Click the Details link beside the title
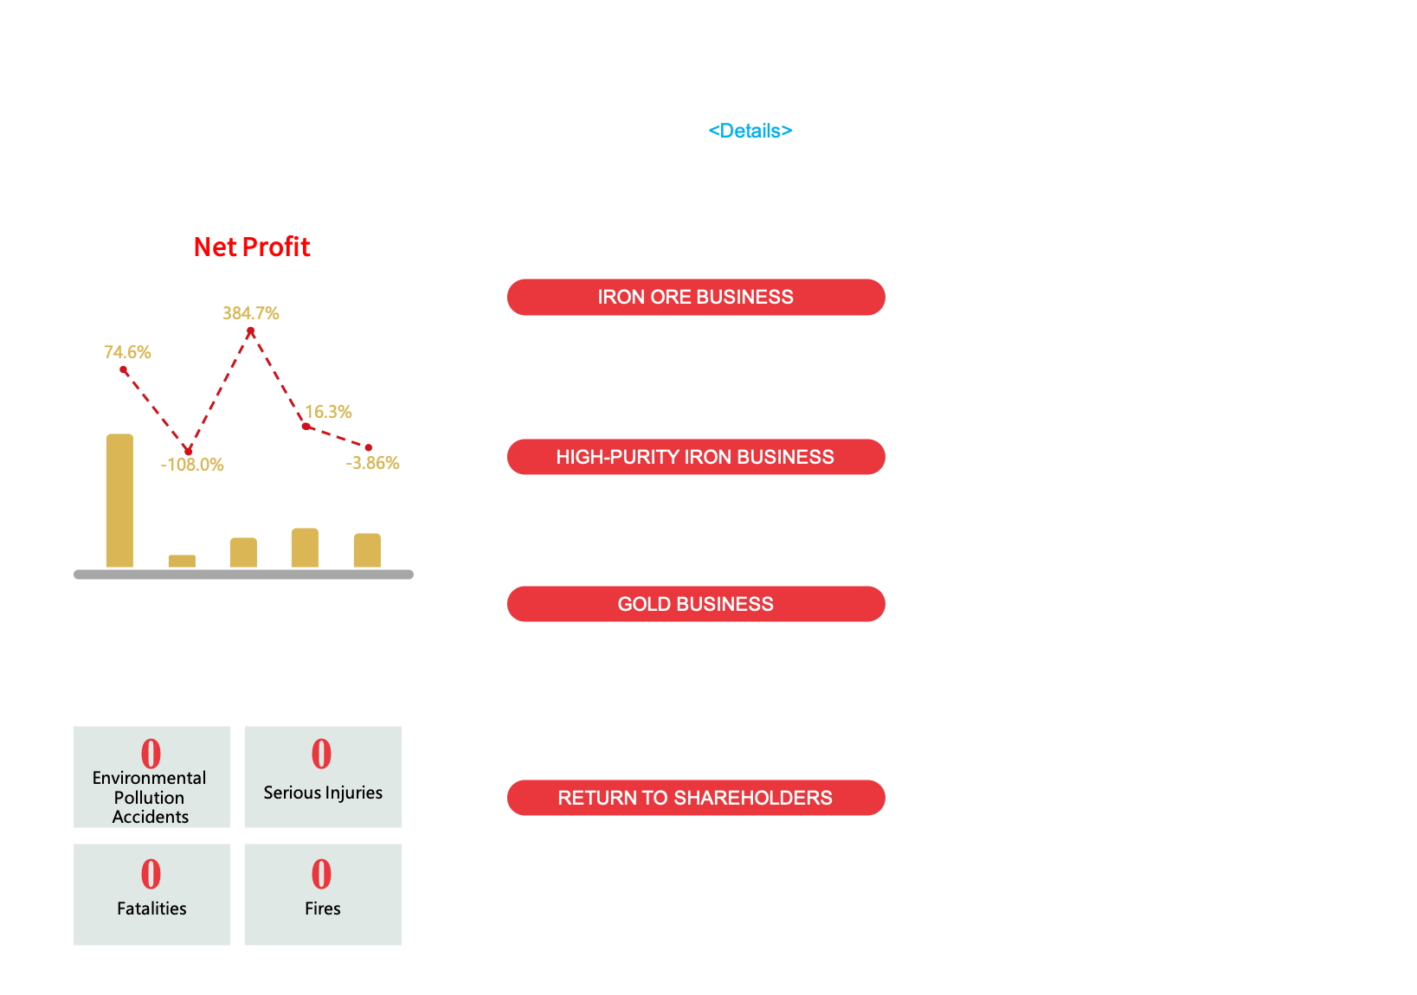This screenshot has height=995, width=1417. click(750, 131)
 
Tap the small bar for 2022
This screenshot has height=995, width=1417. click(182, 561)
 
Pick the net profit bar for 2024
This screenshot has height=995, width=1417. click(305, 547)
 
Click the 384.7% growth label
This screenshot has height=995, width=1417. click(251, 313)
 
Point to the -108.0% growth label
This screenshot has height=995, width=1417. click(192, 465)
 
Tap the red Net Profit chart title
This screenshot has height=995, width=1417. click(252, 247)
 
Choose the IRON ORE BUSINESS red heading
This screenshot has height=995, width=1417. click(695, 297)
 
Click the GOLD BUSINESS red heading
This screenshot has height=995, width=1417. click(695, 604)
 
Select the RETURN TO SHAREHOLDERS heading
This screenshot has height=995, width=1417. click(695, 798)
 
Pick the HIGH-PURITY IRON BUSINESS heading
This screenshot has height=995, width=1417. click(695, 457)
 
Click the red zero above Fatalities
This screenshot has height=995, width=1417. click(151, 874)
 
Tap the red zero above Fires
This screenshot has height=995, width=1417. click(321, 874)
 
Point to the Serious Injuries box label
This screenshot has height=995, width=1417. click(323, 793)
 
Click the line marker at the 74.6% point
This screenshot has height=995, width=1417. click(124, 369)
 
